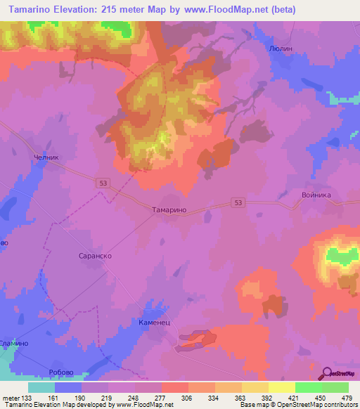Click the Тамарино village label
[169, 209]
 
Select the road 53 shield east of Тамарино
[239, 203]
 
